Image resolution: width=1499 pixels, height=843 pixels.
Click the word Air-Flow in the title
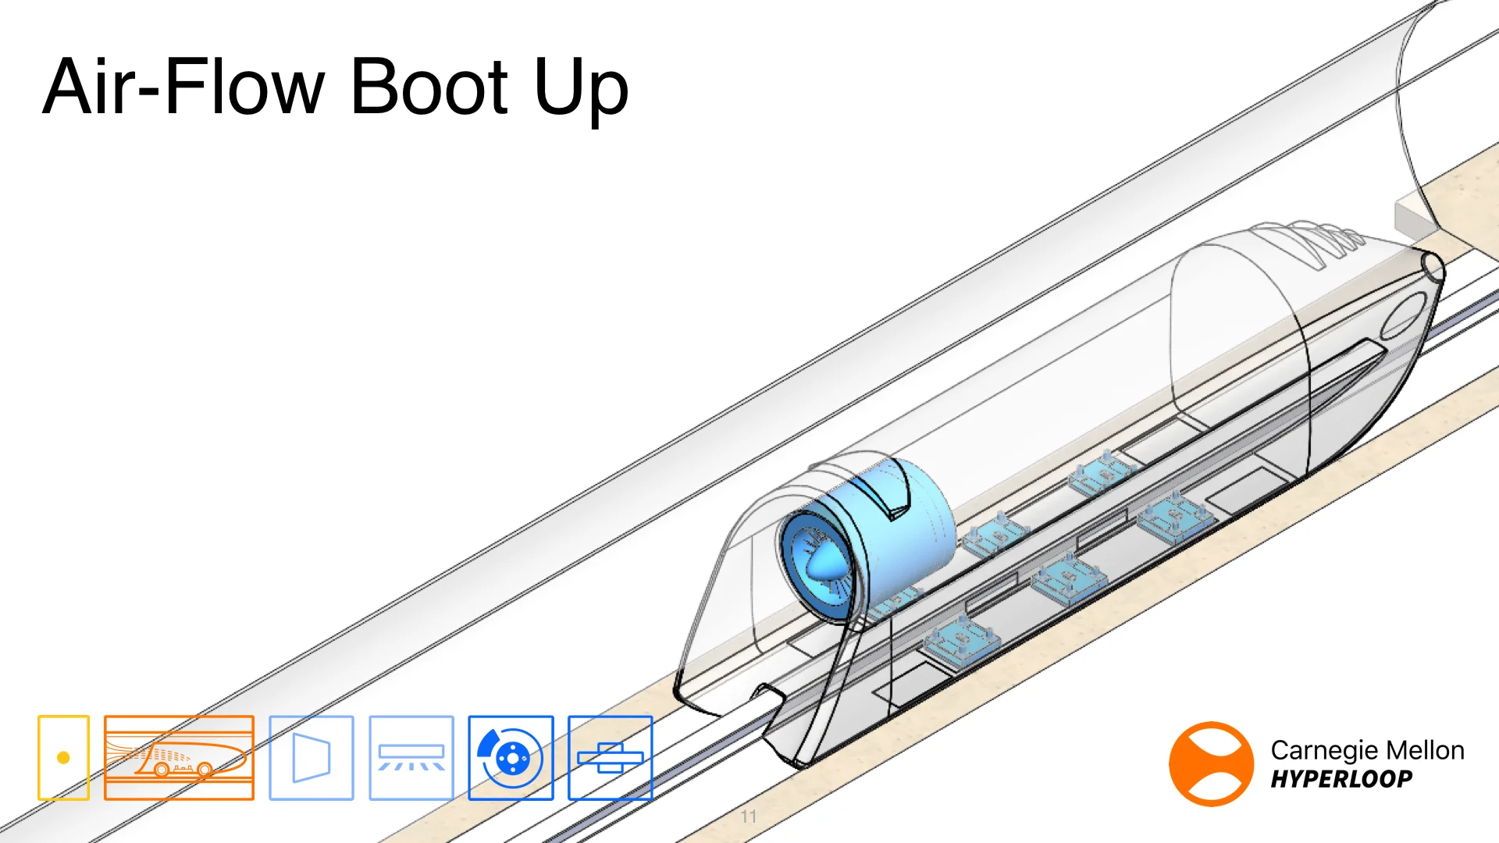183,87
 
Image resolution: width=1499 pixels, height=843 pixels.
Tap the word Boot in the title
429,87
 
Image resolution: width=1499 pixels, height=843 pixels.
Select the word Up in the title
581,90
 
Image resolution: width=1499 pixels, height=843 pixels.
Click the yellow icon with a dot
63,758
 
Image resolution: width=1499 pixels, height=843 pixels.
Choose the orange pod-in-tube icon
179,758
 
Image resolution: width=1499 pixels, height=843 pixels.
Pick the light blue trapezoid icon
311,758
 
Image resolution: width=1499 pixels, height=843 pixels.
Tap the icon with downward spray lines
411,758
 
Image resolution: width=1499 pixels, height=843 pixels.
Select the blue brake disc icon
511,758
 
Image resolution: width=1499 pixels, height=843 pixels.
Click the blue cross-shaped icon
610,758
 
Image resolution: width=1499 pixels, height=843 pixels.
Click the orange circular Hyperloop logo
1211,763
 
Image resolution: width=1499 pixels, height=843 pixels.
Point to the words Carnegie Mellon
1367,750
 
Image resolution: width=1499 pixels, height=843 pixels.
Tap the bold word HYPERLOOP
1341,779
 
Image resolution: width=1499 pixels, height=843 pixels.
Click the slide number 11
749,816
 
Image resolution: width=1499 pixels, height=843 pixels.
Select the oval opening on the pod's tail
1403,315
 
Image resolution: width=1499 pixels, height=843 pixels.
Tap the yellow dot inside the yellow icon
63,758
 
